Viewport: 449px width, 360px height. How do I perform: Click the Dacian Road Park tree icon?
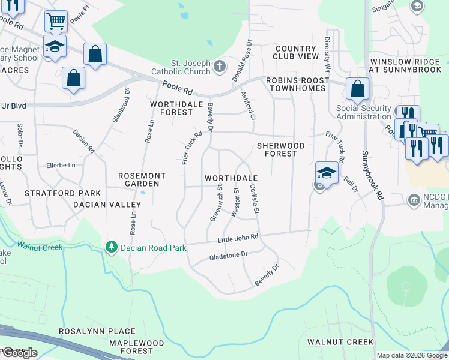click(110, 247)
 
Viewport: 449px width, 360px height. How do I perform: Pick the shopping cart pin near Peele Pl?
click(56, 22)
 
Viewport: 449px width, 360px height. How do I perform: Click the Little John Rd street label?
click(238, 238)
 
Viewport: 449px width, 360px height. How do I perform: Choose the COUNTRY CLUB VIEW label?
click(296, 52)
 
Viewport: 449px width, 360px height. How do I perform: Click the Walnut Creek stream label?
click(40, 245)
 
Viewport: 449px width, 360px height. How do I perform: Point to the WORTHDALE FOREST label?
click(171, 108)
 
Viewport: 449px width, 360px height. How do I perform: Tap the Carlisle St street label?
click(256, 200)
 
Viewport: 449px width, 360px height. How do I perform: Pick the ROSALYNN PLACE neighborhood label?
click(97, 331)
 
